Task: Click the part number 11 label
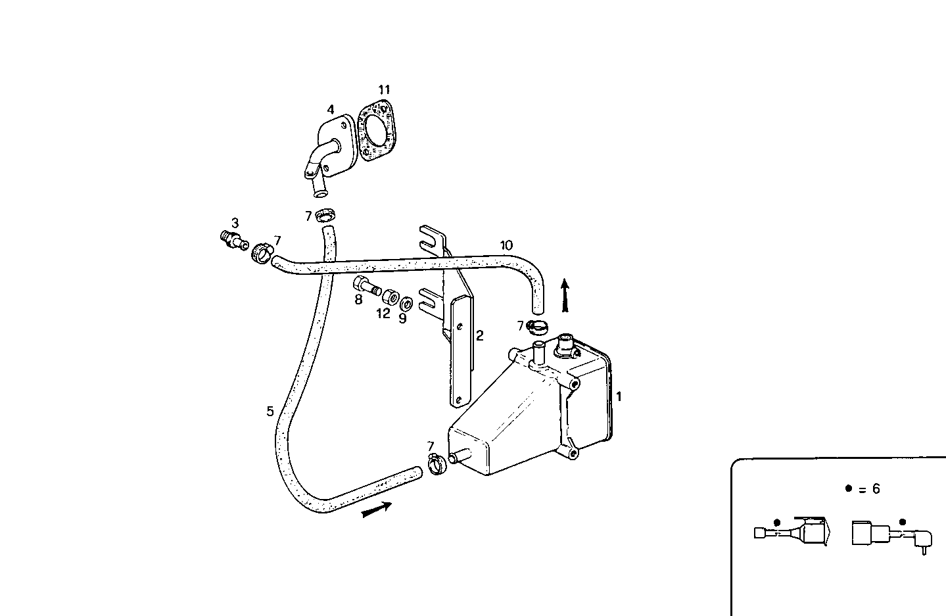coord(384,89)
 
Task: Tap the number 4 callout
coord(331,110)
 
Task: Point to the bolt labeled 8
coord(366,286)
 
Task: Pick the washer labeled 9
coord(407,304)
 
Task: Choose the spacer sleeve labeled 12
coord(390,296)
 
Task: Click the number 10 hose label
coord(506,245)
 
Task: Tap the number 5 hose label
coord(270,412)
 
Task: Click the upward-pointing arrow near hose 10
coord(564,295)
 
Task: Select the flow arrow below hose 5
coord(377,509)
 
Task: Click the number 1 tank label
coord(619,396)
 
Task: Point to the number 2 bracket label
coord(479,335)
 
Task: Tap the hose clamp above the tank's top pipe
coord(538,325)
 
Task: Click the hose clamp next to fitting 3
coord(261,252)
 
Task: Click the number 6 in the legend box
coord(875,489)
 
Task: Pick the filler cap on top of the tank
coord(565,344)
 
